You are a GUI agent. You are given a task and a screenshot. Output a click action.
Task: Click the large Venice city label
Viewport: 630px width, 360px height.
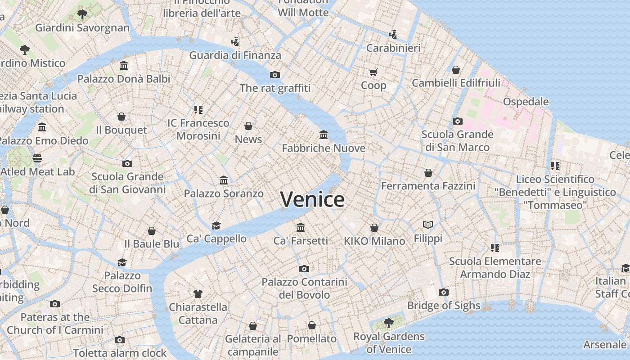[x=313, y=199]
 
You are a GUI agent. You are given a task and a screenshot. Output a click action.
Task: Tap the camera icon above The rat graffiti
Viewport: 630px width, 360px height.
[x=274, y=75]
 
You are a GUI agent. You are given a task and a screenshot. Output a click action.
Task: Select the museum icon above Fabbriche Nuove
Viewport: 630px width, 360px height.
[x=323, y=135]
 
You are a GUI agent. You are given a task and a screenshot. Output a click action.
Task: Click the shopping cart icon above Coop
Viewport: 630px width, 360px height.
[x=373, y=72]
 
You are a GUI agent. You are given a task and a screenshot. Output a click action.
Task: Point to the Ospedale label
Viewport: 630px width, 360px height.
[x=526, y=102]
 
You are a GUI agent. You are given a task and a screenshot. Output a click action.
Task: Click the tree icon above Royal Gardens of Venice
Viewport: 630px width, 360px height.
[x=388, y=323]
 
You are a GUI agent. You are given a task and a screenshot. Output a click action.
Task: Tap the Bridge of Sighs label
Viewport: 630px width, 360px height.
[x=444, y=306]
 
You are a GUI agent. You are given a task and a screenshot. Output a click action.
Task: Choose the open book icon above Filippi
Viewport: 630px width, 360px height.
[x=428, y=225]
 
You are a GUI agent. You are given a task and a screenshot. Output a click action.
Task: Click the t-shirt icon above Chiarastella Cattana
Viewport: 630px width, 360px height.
[x=198, y=294]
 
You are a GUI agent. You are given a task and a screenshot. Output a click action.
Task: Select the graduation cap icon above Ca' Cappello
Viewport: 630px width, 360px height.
[x=216, y=225]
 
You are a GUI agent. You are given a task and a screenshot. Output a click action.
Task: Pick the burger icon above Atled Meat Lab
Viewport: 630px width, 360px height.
[x=37, y=158]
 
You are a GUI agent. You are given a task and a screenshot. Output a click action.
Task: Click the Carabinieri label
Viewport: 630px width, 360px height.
[x=393, y=48]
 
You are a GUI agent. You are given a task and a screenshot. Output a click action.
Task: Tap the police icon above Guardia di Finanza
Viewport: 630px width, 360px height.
[x=234, y=42]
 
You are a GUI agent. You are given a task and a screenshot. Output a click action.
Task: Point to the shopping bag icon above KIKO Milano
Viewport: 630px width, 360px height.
[x=374, y=228]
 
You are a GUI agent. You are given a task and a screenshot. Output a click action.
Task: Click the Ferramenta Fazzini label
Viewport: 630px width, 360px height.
[x=428, y=186]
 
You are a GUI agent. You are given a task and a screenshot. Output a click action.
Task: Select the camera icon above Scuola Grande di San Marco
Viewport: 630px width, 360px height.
[x=457, y=121]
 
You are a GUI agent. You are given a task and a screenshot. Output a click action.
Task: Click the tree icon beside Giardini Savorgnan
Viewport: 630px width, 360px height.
[x=82, y=14]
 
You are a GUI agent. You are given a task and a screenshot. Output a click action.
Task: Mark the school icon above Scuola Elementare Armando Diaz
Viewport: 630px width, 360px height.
[x=495, y=247]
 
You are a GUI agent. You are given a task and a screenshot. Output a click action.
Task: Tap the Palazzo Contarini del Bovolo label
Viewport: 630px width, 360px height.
[x=304, y=288]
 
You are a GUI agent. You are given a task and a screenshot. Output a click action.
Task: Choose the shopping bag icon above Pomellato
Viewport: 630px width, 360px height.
[x=311, y=325]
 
